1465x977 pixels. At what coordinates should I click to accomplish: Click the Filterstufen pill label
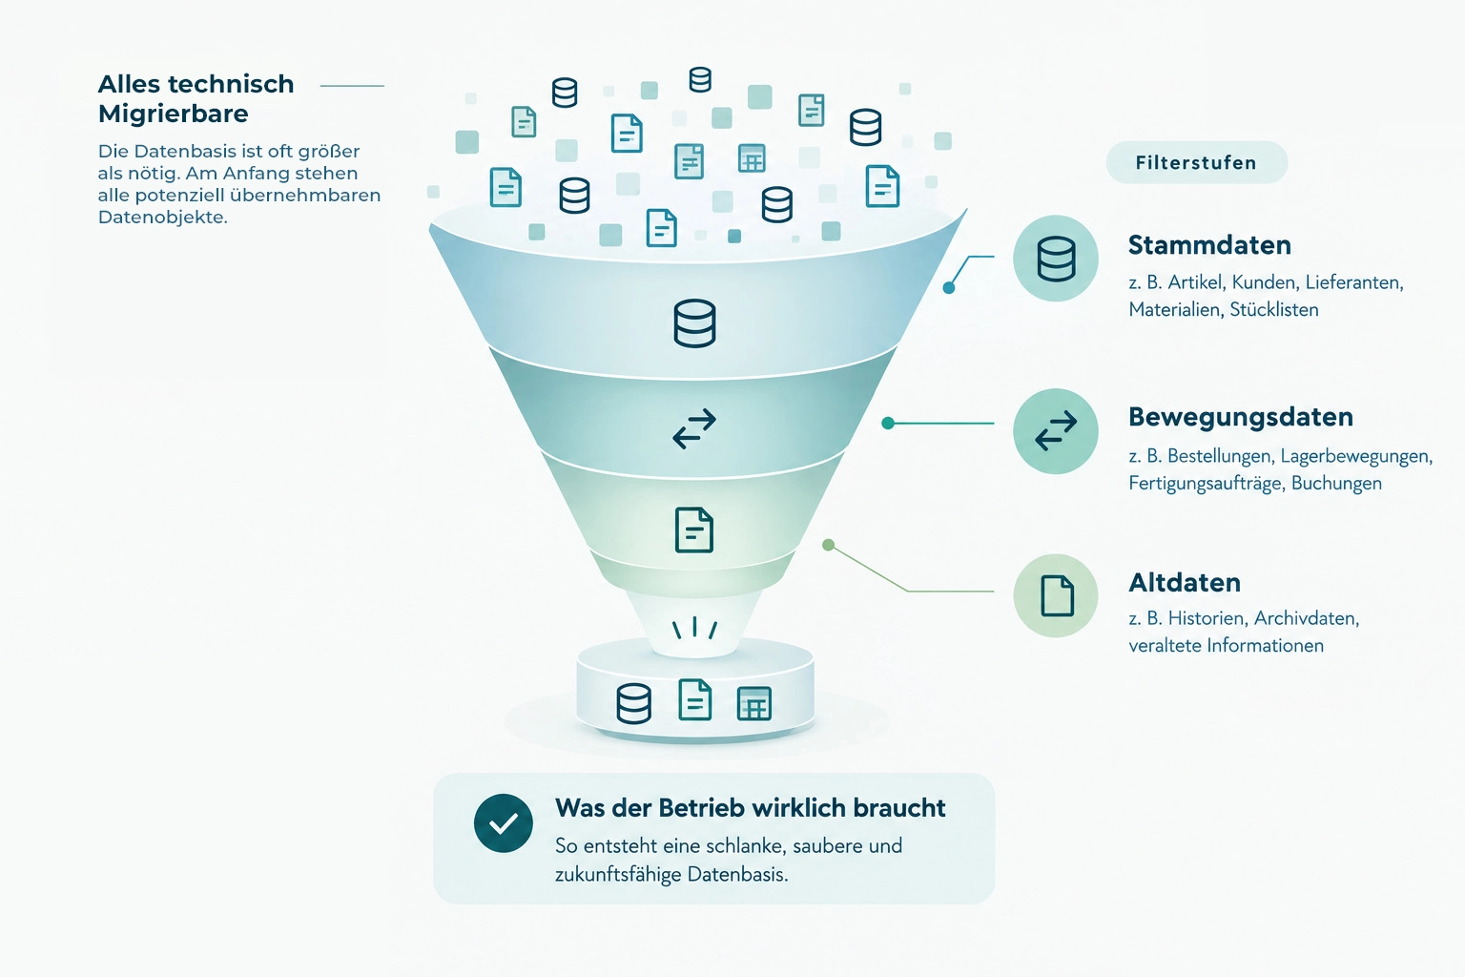click(1196, 162)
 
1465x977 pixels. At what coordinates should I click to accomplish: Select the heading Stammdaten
click(1209, 245)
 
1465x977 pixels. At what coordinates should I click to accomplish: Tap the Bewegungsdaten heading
click(1241, 418)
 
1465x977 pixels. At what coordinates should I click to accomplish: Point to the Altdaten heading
click(1185, 582)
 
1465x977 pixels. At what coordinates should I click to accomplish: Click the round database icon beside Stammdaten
click(1056, 259)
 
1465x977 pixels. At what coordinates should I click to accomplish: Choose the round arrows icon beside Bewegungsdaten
click(1056, 431)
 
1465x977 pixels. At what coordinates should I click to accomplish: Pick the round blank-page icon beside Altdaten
click(1056, 595)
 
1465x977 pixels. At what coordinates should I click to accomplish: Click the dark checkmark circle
click(503, 823)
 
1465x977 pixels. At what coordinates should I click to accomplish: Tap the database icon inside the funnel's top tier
click(694, 323)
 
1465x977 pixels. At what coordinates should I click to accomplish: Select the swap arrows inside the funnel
click(694, 429)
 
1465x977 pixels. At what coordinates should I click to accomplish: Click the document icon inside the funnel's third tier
click(694, 530)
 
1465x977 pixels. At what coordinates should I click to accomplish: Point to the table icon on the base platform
click(754, 703)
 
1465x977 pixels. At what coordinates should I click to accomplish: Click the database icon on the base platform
click(633, 703)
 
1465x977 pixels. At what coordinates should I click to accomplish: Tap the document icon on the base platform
click(694, 699)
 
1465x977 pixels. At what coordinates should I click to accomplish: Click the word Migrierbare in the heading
click(174, 114)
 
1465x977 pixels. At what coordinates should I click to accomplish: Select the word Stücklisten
click(1274, 309)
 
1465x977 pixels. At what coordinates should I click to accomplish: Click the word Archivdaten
click(1307, 618)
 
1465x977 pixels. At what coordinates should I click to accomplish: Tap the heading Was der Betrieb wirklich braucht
click(751, 808)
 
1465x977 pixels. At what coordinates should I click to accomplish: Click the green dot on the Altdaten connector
click(828, 545)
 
